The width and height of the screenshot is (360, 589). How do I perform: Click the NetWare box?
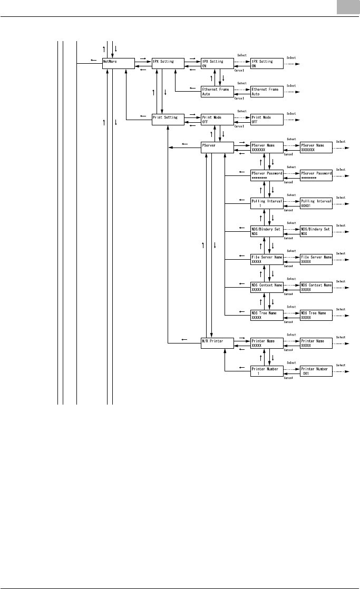tap(118, 64)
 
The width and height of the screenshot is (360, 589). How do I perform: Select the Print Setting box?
tap(168, 120)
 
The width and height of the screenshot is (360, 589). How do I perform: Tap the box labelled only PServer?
tap(218, 148)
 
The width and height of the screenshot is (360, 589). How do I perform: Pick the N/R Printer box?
tap(218, 343)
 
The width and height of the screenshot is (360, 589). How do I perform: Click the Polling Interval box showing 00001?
tap(316, 203)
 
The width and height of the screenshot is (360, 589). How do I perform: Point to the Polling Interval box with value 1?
tap(267, 203)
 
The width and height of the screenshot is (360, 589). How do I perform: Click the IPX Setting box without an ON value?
tap(168, 64)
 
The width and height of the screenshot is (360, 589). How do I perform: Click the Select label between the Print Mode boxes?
tap(242, 111)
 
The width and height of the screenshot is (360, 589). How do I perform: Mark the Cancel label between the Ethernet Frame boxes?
tap(239, 98)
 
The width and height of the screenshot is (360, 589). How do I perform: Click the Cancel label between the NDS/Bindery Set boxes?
tap(289, 238)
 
